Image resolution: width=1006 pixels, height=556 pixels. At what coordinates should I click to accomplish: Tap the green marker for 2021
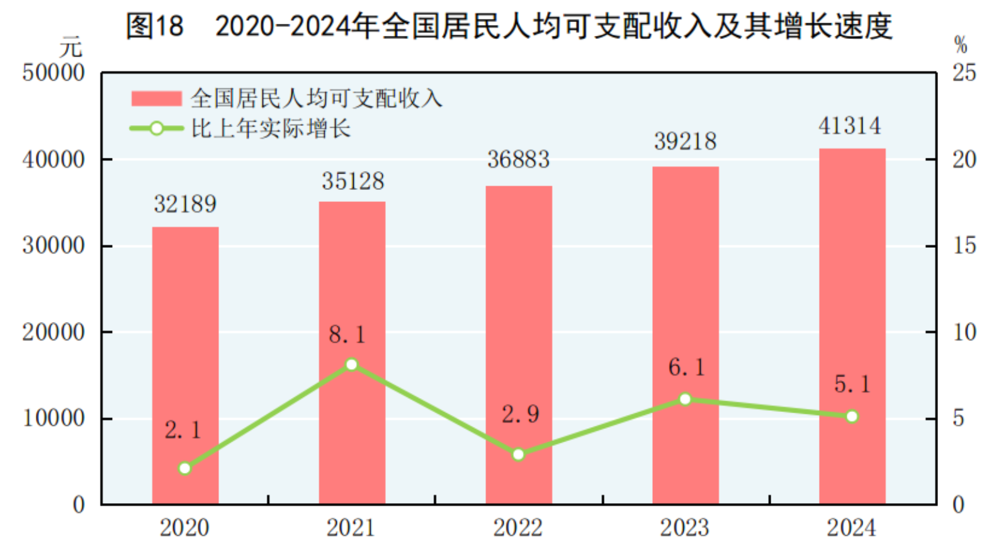click(x=352, y=365)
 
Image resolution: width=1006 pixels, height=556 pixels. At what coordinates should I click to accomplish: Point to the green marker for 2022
click(x=518, y=454)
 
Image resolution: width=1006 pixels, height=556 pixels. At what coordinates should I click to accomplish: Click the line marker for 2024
click(x=852, y=416)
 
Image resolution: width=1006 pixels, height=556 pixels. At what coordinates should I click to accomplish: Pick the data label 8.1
click(x=347, y=335)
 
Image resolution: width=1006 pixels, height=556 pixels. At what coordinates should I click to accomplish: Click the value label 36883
click(x=518, y=160)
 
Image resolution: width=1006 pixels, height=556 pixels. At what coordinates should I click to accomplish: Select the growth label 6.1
click(x=686, y=367)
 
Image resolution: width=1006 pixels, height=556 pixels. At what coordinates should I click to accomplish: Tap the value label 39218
click(x=685, y=142)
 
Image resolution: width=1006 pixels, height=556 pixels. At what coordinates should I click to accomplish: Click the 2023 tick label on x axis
click(x=684, y=528)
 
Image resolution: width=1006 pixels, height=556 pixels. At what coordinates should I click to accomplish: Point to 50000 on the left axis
click(x=54, y=73)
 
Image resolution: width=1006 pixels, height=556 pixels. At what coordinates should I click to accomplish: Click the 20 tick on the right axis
click(x=964, y=160)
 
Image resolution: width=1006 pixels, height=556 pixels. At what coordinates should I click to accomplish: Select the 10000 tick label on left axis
click(x=54, y=418)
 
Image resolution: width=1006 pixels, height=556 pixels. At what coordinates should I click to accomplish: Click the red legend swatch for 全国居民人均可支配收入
click(x=156, y=99)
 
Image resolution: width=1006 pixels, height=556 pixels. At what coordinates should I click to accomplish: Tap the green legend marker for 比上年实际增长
click(x=156, y=129)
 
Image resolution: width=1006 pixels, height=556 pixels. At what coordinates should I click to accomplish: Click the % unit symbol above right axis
click(x=960, y=45)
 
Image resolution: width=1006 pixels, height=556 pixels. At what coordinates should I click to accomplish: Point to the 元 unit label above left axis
click(x=71, y=47)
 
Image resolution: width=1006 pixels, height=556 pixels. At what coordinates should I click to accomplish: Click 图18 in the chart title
click(x=155, y=26)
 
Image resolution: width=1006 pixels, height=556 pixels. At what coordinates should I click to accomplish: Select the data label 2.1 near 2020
click(x=183, y=430)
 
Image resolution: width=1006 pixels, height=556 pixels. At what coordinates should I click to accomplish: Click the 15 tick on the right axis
click(x=964, y=246)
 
